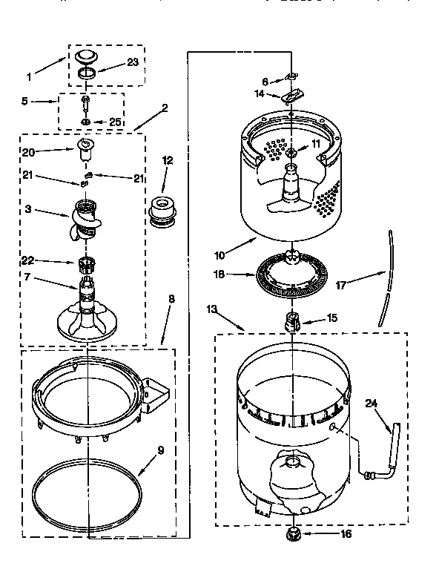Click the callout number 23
[133, 63]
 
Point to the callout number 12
[168, 159]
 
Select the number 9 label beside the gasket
[160, 450]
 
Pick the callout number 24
[372, 404]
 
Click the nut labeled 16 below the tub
[291, 533]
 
